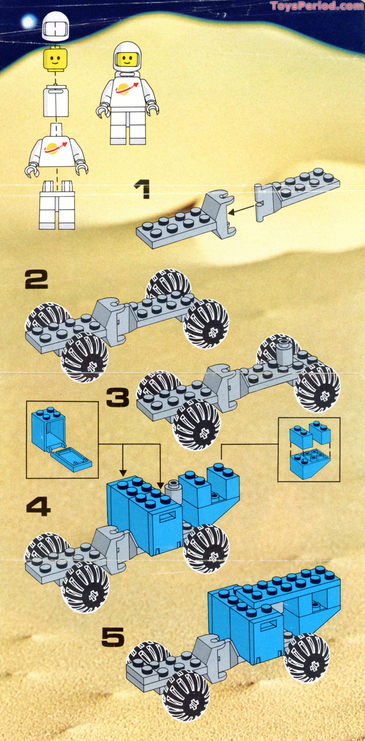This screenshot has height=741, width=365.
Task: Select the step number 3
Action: click(118, 397)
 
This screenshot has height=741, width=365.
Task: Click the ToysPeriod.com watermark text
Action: click(317, 6)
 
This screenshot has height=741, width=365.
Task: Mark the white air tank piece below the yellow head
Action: click(56, 101)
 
